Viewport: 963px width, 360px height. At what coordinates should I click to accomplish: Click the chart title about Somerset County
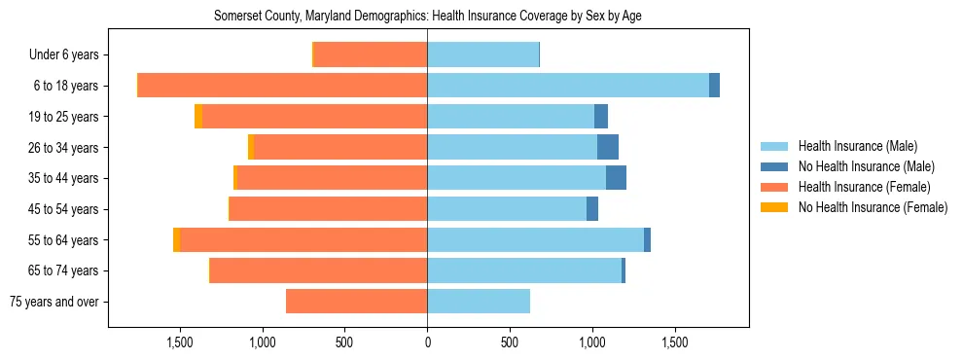point(427,16)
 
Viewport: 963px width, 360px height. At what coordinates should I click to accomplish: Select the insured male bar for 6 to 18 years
point(568,86)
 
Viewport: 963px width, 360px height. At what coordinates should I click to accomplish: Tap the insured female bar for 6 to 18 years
point(283,86)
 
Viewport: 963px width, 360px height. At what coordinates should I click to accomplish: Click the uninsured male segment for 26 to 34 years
point(608,147)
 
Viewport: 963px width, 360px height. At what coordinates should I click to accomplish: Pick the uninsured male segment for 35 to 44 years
point(616,178)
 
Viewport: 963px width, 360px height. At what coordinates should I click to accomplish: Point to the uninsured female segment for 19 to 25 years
point(198,117)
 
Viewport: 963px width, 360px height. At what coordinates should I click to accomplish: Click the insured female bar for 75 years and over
point(357,302)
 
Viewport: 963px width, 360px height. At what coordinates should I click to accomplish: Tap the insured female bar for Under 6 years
point(371,54)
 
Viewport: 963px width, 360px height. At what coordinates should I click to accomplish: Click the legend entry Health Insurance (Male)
point(857,146)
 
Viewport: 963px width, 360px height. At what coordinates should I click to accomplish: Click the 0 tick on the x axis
point(427,342)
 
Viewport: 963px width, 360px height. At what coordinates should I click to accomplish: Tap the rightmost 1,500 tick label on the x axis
point(675,342)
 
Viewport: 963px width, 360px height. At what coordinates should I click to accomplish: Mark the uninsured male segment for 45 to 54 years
point(592,209)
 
